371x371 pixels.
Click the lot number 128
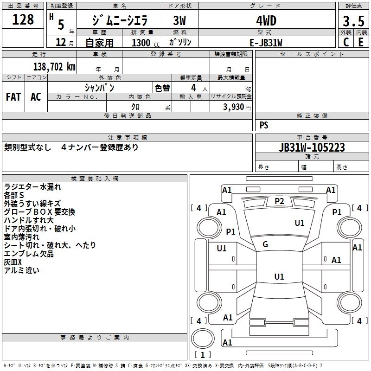[x=23, y=19]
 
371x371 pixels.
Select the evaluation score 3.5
[x=353, y=21]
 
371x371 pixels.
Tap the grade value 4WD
[x=266, y=21]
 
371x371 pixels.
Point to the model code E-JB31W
[x=266, y=43]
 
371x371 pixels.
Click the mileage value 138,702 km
[x=54, y=66]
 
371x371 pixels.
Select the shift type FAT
[x=13, y=96]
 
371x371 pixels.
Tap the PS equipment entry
[x=264, y=125]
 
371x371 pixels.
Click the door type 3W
[x=180, y=21]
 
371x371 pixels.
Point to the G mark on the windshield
[x=265, y=244]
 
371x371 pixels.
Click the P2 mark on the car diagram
[x=279, y=201]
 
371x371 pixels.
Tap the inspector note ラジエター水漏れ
[x=32, y=187]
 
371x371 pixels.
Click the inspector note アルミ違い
[x=22, y=270]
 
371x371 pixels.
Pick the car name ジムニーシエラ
[x=119, y=21]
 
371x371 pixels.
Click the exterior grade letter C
[x=346, y=42]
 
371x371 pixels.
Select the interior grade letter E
[x=361, y=42]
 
